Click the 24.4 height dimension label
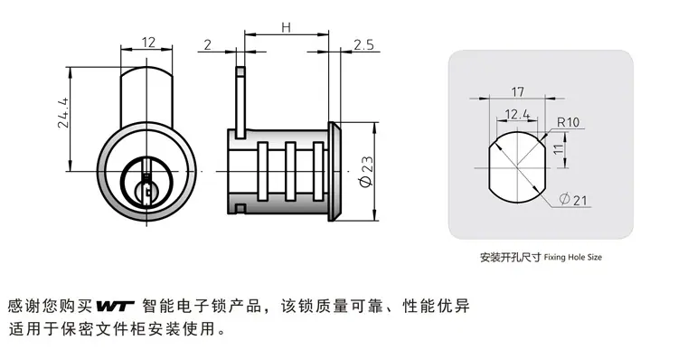(63, 112)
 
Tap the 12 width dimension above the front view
(148, 42)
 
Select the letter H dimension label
(286, 28)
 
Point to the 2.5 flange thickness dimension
(363, 44)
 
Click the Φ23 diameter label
(366, 172)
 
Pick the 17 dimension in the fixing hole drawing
(518, 91)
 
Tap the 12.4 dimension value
(517, 114)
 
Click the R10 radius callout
(568, 122)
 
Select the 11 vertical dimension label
(559, 149)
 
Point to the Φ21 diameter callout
(573, 200)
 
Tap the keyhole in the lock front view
(147, 189)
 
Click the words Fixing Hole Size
(572, 257)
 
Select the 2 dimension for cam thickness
(208, 44)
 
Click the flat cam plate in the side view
(240, 102)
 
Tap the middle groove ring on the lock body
(290, 172)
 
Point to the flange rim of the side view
(334, 172)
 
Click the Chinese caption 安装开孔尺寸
(511, 257)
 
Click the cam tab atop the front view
(146, 96)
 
